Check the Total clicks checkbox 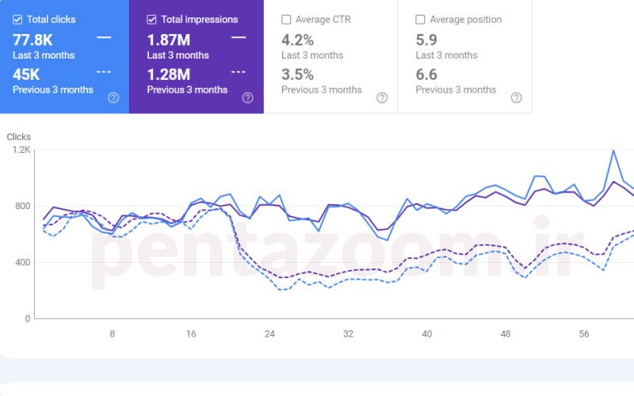coord(17,19)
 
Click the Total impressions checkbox coord(151,19)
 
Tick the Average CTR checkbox coord(286,19)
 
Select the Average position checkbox coord(420,19)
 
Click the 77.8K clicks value coord(32,40)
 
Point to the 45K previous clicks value coord(26,74)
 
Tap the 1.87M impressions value coord(169,40)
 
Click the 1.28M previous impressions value coord(169,74)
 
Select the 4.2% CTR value coord(298,40)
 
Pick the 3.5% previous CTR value coord(298,74)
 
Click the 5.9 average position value coord(426,40)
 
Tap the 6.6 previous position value coord(426,74)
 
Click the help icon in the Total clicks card coord(113,98)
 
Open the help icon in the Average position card coord(516,98)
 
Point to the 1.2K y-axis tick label coord(19,150)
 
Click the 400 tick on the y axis coord(21,262)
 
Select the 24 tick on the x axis coord(269,334)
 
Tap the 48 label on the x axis coord(506,334)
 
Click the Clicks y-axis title coord(18,137)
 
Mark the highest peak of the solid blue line coord(613,150)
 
